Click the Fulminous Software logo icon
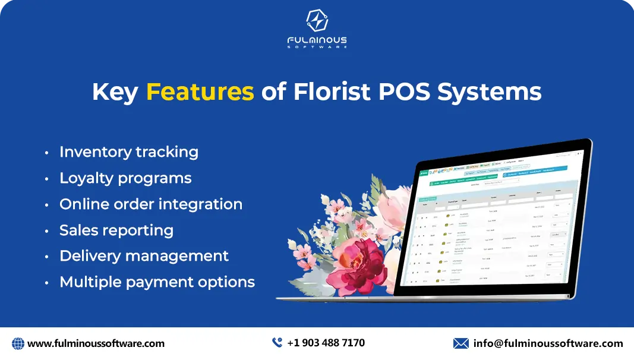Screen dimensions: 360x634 317,21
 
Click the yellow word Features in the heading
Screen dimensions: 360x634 200,92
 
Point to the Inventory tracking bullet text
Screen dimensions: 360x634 128,152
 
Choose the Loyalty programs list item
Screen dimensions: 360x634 125,178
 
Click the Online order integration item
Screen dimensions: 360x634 150,204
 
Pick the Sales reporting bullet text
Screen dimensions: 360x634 116,230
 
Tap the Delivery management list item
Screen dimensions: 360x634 144,256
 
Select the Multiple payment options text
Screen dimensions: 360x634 157,282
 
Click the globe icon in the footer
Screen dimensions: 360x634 18,343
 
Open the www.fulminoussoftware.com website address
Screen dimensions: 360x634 96,343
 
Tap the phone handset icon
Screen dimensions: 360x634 277,343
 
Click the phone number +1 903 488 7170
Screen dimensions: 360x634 326,343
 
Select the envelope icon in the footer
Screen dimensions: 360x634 460,343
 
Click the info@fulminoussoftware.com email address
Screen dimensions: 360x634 548,343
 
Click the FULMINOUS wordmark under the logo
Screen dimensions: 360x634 317,40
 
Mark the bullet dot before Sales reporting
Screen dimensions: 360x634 47,231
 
